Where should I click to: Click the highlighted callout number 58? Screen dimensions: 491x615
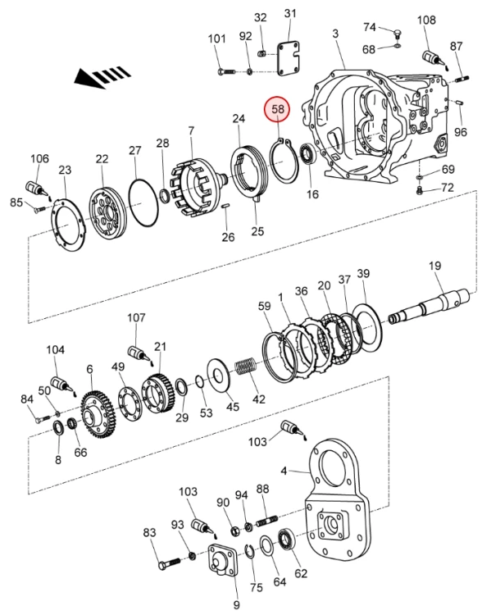278,108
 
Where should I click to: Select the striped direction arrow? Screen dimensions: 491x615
102,77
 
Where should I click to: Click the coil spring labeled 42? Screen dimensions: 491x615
246,369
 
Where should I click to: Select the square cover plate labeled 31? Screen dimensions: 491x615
289,58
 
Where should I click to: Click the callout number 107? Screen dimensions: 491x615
136,317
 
